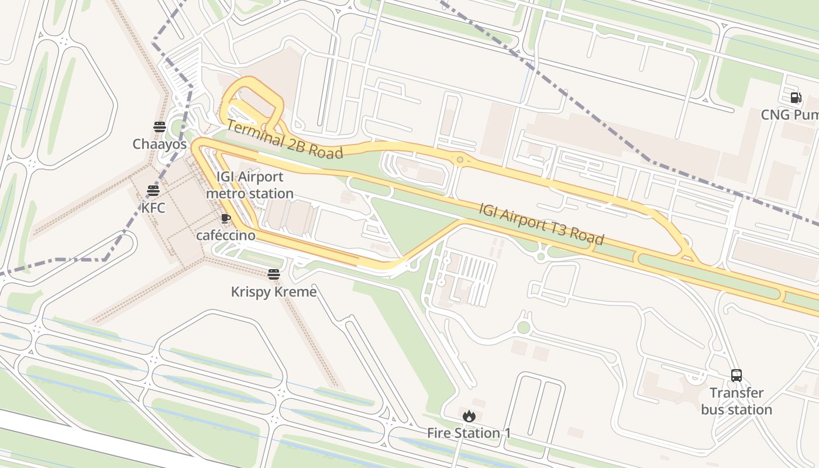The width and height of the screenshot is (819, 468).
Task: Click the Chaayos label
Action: click(x=160, y=144)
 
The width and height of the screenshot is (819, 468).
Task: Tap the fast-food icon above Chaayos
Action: click(x=160, y=127)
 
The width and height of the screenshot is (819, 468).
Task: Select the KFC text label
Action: click(x=153, y=208)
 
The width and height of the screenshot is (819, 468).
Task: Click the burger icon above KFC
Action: click(x=153, y=191)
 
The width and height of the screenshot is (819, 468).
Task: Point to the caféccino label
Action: click(x=226, y=235)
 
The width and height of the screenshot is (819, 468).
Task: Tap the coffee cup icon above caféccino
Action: click(x=226, y=219)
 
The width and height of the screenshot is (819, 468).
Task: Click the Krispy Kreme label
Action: click(x=274, y=291)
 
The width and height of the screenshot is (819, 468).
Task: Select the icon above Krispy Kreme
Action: click(x=274, y=274)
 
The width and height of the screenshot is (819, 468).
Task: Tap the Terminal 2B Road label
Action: click(x=284, y=139)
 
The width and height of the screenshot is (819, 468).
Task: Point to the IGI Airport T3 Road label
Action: click(x=541, y=223)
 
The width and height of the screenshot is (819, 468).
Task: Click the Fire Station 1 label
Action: click(x=469, y=433)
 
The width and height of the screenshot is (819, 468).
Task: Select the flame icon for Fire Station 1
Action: click(x=469, y=417)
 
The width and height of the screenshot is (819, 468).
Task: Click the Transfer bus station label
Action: click(x=737, y=401)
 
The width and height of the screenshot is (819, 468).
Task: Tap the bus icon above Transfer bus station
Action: click(x=737, y=376)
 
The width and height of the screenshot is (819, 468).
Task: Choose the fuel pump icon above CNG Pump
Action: click(x=796, y=98)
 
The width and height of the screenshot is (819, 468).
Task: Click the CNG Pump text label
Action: click(x=789, y=115)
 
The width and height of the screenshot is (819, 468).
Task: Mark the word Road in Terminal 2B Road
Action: click(x=326, y=150)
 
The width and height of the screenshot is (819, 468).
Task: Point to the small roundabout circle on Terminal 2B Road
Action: click(x=460, y=160)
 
